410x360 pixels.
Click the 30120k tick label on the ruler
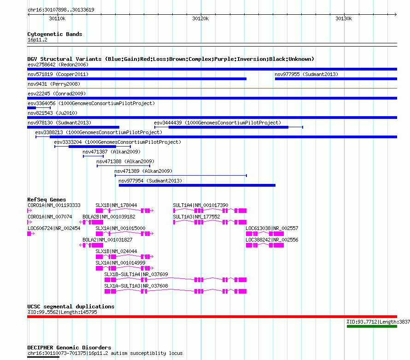(x=200, y=18)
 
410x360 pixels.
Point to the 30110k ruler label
(x=57, y=18)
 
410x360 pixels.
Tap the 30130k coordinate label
(x=344, y=18)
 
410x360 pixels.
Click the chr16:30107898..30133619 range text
(x=61, y=10)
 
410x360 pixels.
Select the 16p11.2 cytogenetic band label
(x=37, y=40)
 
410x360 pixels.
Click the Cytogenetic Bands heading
(x=55, y=34)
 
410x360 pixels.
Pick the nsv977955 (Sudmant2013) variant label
(x=306, y=74)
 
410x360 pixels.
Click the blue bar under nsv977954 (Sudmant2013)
(x=197, y=185)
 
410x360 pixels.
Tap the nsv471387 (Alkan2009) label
(x=111, y=152)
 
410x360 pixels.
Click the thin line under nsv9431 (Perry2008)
(x=212, y=89)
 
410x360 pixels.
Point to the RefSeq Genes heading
(x=47, y=200)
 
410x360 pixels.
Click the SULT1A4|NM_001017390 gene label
(x=200, y=205)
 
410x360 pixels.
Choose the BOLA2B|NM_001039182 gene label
(x=109, y=217)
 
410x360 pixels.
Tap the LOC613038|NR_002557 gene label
(x=272, y=228)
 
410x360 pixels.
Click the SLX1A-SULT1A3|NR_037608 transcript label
(x=136, y=286)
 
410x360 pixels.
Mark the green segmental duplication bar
(x=372, y=326)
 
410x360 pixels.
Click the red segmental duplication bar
(x=212, y=317)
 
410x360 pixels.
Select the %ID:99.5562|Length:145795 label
(x=62, y=312)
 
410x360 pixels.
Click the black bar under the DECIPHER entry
(x=43, y=357)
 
